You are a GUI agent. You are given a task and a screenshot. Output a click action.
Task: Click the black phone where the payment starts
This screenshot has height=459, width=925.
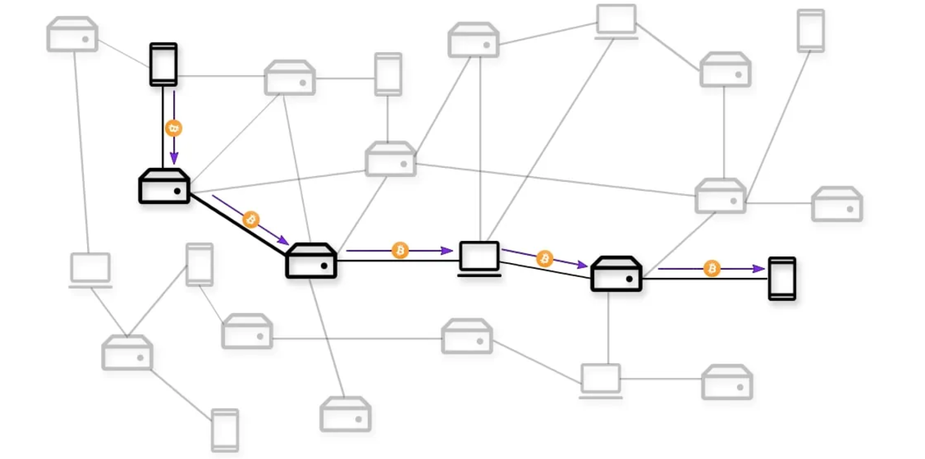tap(163, 64)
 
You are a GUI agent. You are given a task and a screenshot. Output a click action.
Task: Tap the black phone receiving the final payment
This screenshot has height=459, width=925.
tap(782, 278)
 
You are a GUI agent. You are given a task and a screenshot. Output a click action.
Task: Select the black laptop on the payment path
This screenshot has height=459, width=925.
tap(480, 258)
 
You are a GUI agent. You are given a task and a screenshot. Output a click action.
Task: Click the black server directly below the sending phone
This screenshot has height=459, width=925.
tap(164, 186)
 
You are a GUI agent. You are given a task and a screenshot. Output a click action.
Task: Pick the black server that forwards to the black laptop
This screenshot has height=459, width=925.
tap(311, 261)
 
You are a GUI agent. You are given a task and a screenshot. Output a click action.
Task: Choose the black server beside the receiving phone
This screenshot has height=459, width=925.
tap(617, 274)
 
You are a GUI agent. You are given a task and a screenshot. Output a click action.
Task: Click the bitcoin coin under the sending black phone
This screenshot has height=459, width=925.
tap(174, 129)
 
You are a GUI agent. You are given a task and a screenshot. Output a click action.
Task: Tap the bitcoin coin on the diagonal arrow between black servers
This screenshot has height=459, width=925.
tap(251, 220)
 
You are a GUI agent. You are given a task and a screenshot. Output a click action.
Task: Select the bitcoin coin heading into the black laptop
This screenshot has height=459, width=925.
tap(399, 250)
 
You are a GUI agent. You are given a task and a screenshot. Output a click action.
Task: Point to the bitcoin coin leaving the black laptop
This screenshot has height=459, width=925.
tap(545, 259)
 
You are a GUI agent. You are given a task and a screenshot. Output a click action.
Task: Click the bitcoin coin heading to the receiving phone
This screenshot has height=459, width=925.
tap(712, 269)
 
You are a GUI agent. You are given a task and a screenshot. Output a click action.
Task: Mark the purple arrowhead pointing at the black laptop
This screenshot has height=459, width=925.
tap(448, 250)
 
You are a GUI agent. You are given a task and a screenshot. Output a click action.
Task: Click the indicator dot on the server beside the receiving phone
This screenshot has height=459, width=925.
tap(629, 279)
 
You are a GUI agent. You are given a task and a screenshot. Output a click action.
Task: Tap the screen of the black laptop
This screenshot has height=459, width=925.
tap(480, 255)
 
